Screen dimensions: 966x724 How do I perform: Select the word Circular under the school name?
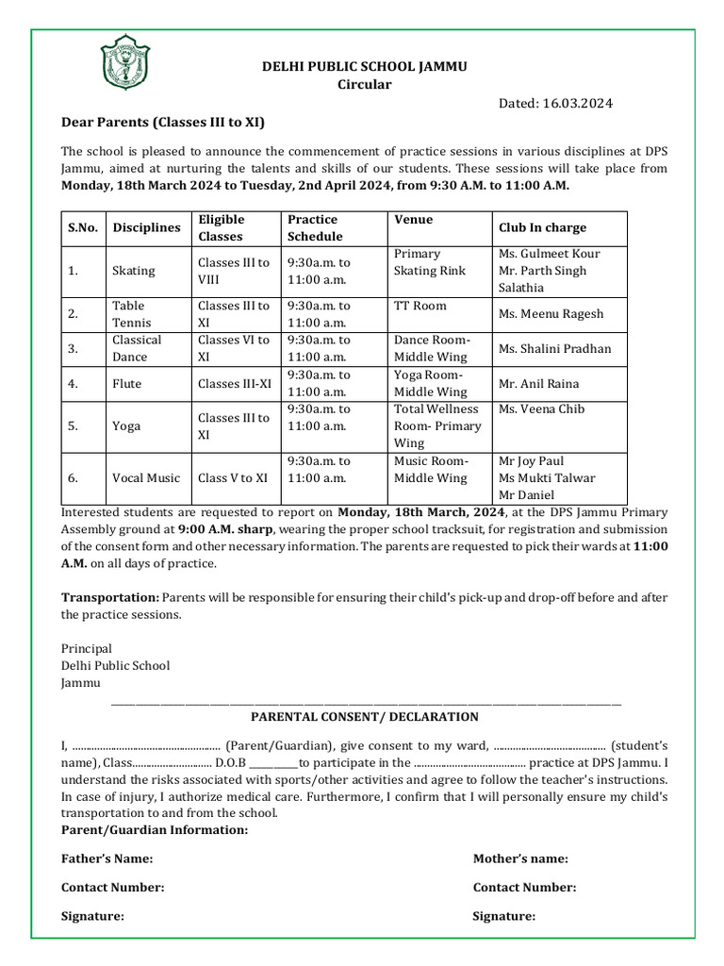[364, 85]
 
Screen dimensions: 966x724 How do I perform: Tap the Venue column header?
[414, 220]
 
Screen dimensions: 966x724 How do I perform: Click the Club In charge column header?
[542, 227]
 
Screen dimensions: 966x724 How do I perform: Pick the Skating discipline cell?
[134, 271]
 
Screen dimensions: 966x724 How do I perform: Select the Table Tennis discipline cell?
[131, 314]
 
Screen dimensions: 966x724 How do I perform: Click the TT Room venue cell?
[420, 307]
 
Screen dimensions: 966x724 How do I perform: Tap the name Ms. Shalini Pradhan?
[554, 349]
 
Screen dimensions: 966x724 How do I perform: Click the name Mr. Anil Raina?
[538, 384]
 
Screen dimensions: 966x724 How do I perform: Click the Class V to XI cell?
[233, 478]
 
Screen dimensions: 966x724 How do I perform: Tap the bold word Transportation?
[110, 597]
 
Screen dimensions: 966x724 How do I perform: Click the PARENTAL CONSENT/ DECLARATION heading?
[364, 717]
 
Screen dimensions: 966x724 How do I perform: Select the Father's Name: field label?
[107, 858]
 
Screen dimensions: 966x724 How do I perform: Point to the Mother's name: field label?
[520, 858]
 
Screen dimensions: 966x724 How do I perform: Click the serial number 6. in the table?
[73, 478]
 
